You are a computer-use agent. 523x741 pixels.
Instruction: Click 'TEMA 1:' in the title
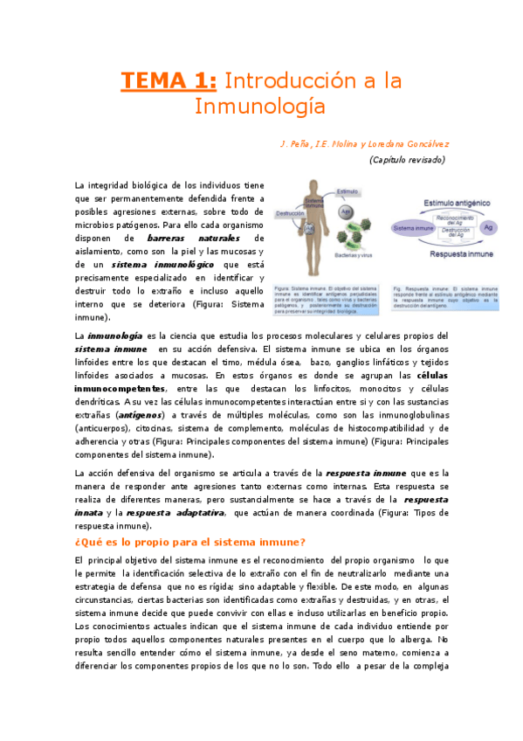click(169, 81)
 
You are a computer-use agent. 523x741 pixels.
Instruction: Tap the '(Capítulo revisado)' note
click(407, 160)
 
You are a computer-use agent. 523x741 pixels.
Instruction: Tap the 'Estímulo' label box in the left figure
click(348, 190)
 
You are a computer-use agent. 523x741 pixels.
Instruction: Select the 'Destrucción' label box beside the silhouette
click(290, 213)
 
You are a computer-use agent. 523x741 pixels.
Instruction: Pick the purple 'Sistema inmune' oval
click(415, 227)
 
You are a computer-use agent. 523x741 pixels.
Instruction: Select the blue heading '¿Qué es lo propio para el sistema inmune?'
click(190, 543)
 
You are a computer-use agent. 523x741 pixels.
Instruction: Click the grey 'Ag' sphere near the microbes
click(346, 211)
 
